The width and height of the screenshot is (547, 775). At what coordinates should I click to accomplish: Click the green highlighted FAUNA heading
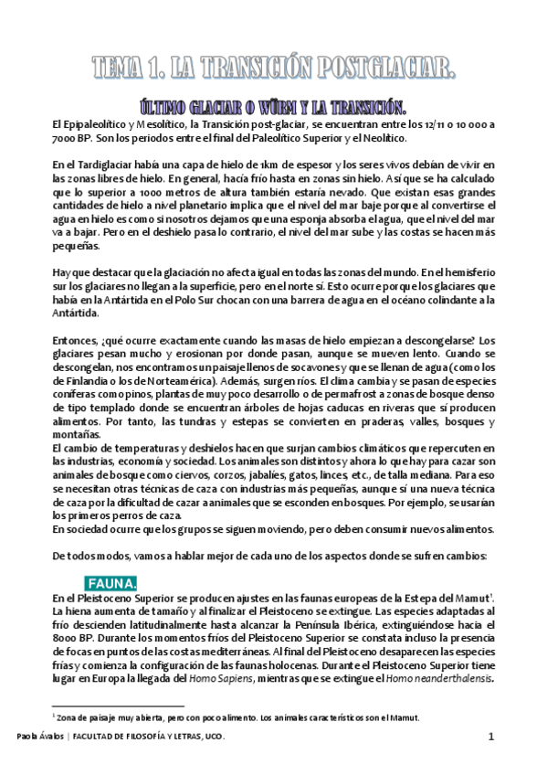[x=113, y=582]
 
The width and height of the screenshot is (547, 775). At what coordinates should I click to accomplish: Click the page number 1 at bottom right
[x=491, y=737]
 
